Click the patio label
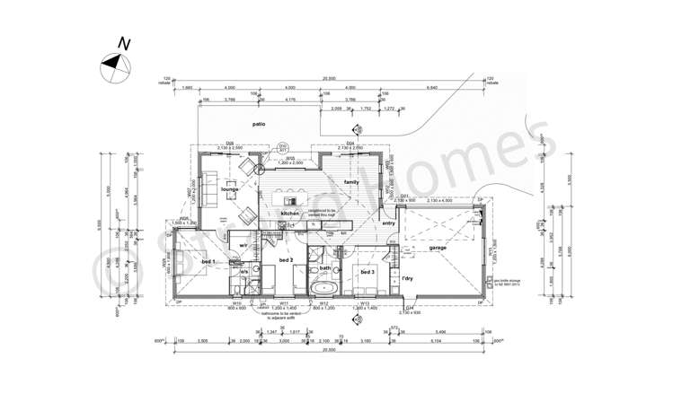[x=259, y=125]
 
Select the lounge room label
[x=230, y=191]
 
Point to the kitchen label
[x=290, y=214]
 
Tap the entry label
[x=388, y=223]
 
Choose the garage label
[x=438, y=247]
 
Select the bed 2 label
[x=285, y=260]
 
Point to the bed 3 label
[x=367, y=271]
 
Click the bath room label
[x=325, y=268]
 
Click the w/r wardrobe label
[x=243, y=244]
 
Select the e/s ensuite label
[x=243, y=271]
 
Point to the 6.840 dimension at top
[x=432, y=88]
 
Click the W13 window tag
[x=365, y=303]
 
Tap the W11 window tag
[x=284, y=303]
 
